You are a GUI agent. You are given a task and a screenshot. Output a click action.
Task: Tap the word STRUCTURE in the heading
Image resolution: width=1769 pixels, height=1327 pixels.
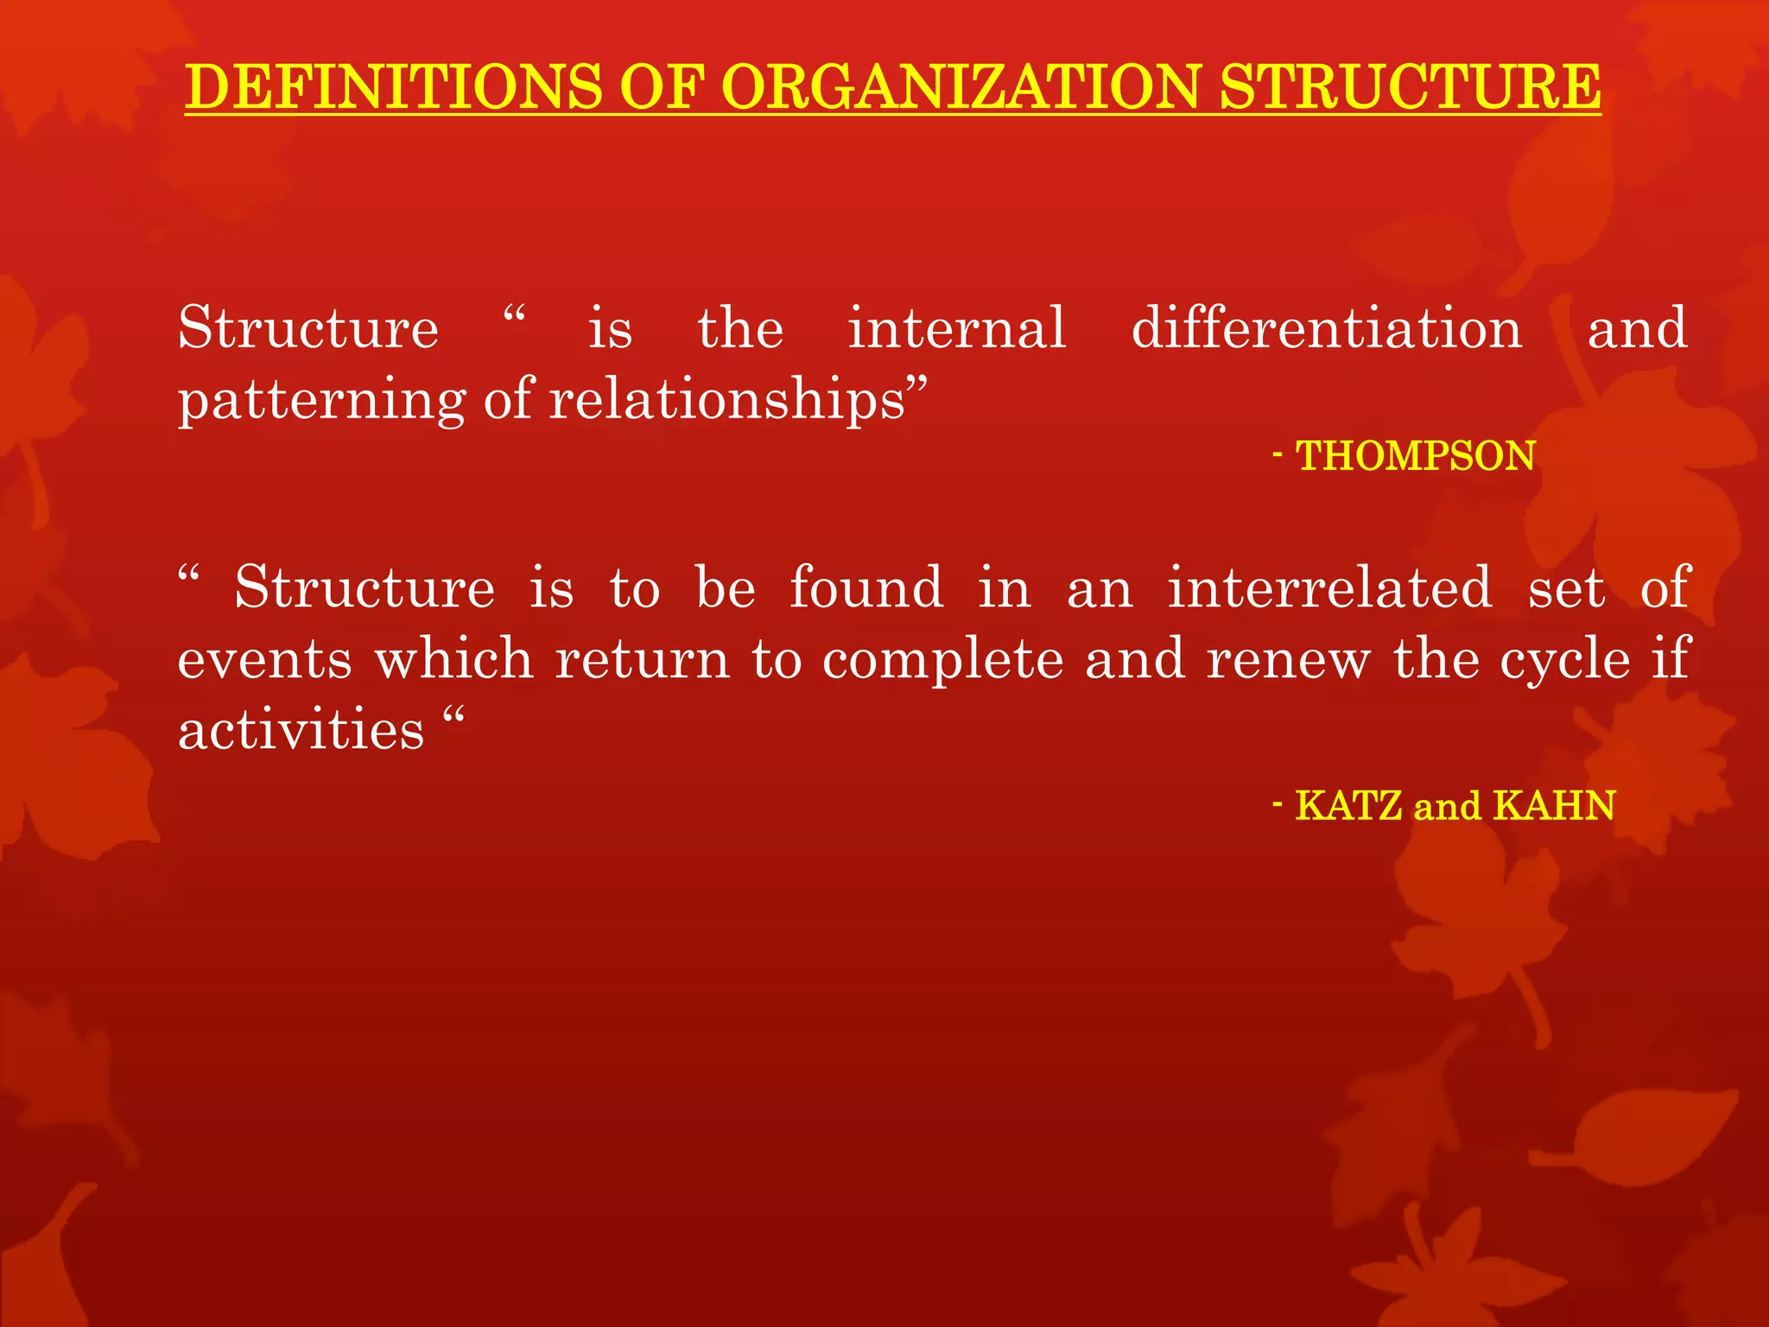1411,87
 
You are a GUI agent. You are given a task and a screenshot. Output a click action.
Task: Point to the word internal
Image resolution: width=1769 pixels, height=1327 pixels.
957,328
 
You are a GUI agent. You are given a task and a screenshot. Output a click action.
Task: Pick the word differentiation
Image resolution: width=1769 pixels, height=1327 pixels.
1327,328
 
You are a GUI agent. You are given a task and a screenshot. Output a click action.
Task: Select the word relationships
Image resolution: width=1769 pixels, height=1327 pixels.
727,401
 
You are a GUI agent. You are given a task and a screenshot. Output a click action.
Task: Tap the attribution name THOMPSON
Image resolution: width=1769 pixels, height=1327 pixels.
1416,456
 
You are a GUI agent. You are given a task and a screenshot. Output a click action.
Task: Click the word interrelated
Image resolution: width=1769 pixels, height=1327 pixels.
1330,587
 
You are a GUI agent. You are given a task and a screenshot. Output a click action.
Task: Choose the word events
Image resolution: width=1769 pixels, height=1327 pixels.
265,660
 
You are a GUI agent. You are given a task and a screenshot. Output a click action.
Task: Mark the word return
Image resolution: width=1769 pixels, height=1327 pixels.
643,660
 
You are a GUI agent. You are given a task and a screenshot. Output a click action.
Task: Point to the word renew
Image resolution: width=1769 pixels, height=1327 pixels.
1288,660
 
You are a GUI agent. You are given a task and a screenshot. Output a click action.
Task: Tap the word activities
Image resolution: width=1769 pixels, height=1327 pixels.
301,730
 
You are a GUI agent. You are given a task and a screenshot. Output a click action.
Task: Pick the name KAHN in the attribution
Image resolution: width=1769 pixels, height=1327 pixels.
1554,806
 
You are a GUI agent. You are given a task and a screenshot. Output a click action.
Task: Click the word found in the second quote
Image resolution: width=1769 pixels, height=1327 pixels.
866,587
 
